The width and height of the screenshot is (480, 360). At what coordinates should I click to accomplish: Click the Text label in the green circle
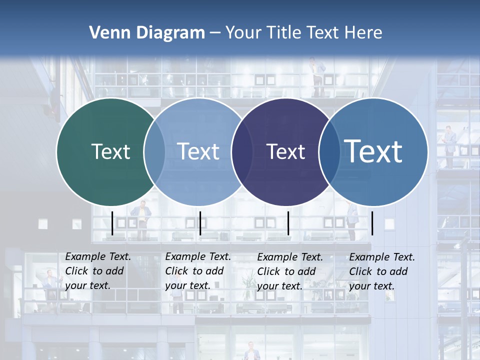coord(110,151)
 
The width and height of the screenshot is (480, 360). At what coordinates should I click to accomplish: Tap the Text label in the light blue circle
coord(198,151)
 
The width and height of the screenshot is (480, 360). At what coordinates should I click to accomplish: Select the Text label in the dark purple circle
coord(286,151)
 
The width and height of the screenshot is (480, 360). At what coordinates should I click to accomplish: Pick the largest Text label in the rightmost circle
coord(373,151)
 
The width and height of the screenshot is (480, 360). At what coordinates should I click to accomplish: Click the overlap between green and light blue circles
coord(154,151)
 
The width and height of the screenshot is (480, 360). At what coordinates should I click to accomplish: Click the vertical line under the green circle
coord(112,223)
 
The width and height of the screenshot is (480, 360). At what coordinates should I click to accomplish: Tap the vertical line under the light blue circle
coord(200,223)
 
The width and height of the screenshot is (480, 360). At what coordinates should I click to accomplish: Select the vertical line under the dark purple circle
coord(288,223)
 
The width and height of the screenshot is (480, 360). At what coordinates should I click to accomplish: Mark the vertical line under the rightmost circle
coord(372,223)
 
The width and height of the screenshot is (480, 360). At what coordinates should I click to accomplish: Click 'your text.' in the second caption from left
coord(187,286)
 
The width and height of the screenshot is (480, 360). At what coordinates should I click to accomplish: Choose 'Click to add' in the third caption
coord(286,271)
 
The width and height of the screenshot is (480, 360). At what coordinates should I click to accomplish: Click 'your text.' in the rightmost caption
coord(371,286)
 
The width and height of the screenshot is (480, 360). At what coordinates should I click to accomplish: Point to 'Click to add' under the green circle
coord(94,271)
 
